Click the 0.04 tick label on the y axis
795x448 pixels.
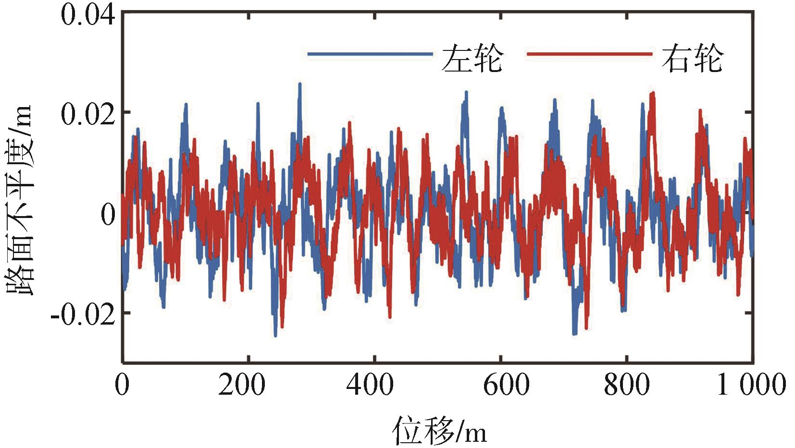(88, 15)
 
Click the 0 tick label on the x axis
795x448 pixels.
(123, 385)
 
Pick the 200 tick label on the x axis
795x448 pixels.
(241, 385)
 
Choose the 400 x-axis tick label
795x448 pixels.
(370, 385)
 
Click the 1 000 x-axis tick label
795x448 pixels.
(751, 385)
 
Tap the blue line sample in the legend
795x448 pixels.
(370, 54)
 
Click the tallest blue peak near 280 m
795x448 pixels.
(300, 85)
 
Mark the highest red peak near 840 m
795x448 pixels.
(653, 93)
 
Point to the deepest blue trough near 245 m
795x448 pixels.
(275, 335)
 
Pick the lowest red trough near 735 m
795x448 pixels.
(586, 328)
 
